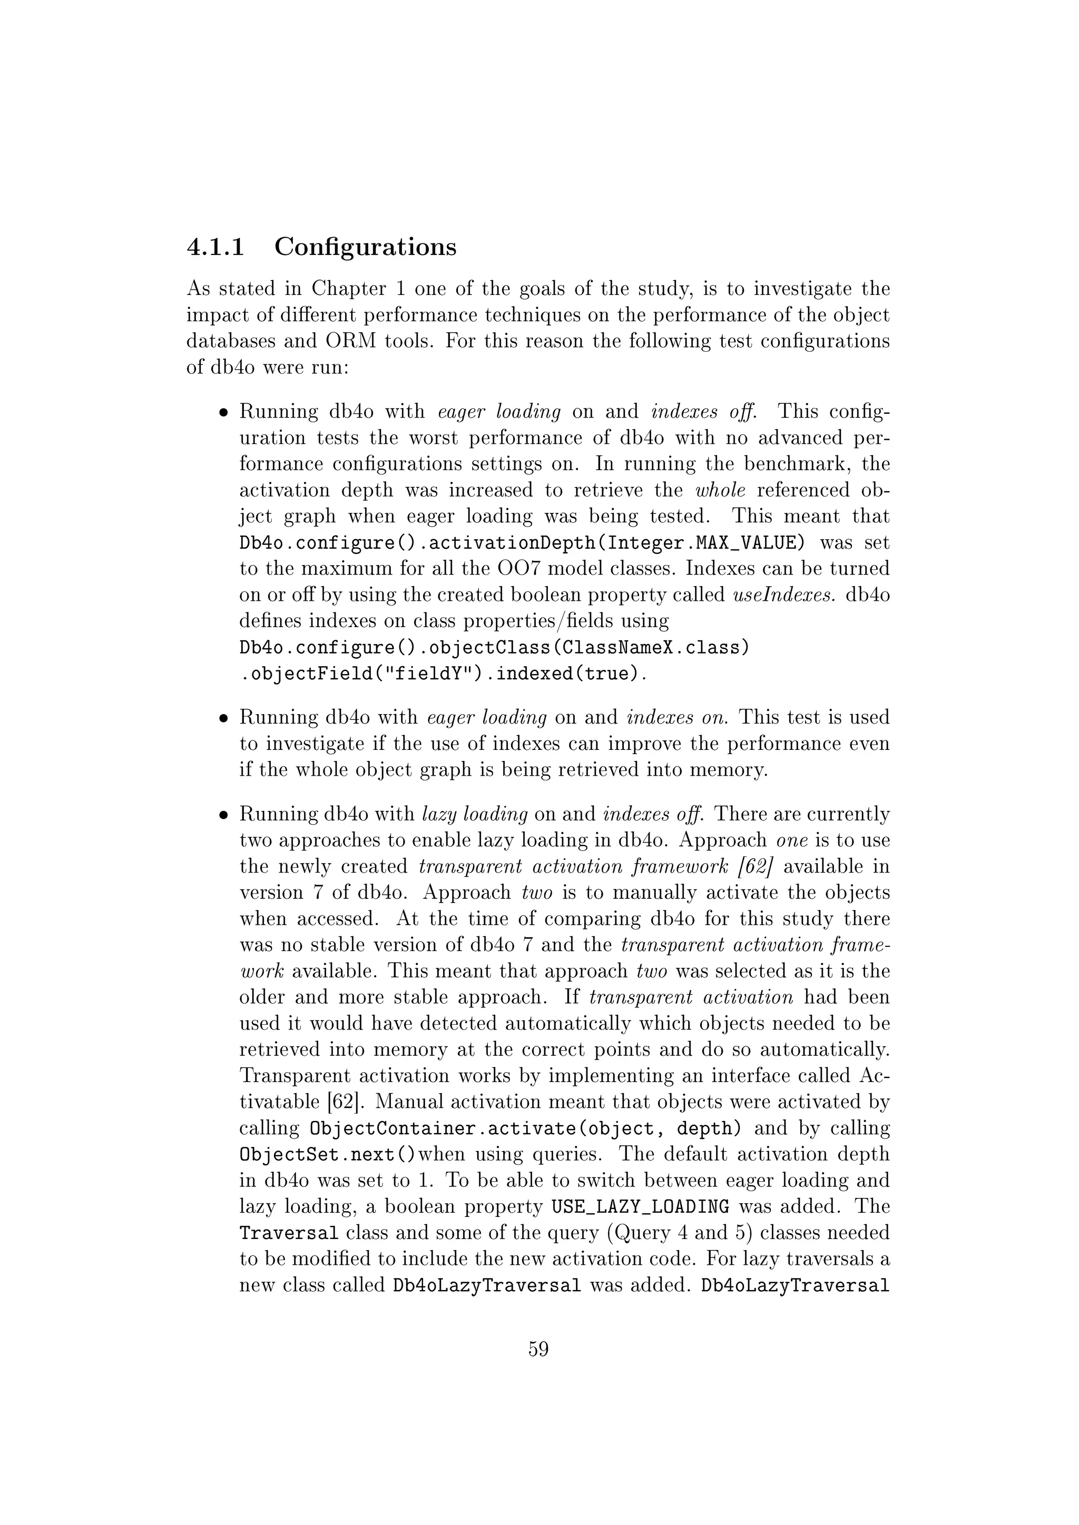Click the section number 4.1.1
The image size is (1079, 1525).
pos(215,247)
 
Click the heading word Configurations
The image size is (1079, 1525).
pos(366,247)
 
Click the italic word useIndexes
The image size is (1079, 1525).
pos(783,595)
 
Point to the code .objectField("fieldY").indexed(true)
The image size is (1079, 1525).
pos(442,674)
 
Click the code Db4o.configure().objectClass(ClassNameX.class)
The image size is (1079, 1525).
pos(494,647)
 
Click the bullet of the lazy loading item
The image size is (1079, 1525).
pos(224,815)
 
